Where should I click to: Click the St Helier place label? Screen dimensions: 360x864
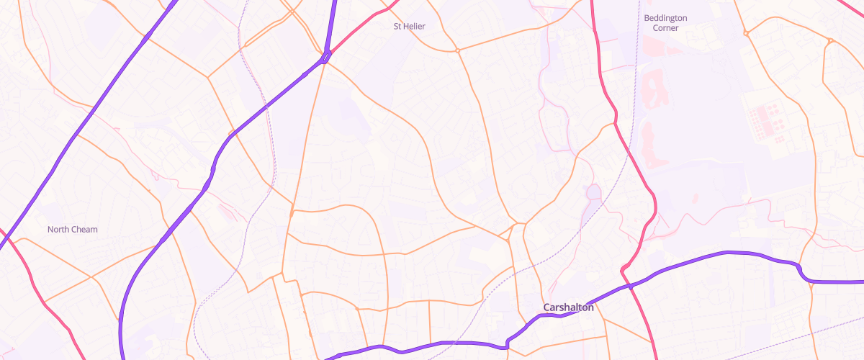pos(409,27)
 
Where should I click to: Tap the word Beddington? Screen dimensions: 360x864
pos(665,17)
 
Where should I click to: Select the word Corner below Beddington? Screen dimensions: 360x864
pos(665,28)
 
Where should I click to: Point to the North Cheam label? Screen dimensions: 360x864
pos(72,230)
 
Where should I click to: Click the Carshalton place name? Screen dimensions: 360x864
pos(568,307)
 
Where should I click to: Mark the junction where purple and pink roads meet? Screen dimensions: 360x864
pos(326,56)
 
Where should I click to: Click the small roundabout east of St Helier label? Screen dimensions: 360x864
pos(457,50)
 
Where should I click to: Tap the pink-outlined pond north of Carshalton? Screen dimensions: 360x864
pos(593,193)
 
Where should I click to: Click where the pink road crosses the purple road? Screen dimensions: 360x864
pos(629,287)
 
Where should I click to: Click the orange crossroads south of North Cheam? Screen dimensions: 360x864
pos(92,276)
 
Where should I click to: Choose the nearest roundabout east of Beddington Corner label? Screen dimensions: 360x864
pos(747,33)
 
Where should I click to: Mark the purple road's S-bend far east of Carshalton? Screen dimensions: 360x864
pos(801,270)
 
